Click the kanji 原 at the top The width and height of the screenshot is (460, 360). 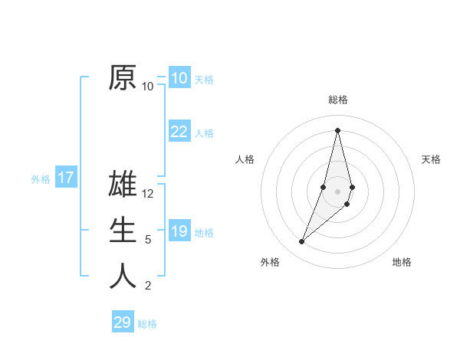click(x=123, y=77)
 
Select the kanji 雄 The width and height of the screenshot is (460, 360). click(x=123, y=185)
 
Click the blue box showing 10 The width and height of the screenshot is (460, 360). click(x=179, y=78)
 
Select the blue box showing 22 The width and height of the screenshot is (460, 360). click(x=179, y=132)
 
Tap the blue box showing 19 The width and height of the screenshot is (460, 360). click(x=179, y=231)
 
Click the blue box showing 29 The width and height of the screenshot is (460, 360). click(x=122, y=322)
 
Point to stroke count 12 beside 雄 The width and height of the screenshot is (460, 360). click(x=148, y=194)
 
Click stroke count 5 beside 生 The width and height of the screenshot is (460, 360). click(x=148, y=240)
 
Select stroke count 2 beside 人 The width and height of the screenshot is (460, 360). click(x=148, y=286)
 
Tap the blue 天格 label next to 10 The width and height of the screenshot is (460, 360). click(x=204, y=80)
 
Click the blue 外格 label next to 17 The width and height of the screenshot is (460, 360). click(x=41, y=179)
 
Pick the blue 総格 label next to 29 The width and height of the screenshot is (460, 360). click(x=147, y=324)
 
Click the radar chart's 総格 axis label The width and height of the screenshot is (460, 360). click(x=338, y=100)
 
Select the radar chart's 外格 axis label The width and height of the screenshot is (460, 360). click(x=270, y=262)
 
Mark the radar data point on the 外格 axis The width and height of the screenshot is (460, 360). click(x=302, y=242)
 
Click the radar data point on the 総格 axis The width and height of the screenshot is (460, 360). click(x=338, y=130)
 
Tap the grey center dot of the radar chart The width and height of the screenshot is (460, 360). click(x=338, y=191)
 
